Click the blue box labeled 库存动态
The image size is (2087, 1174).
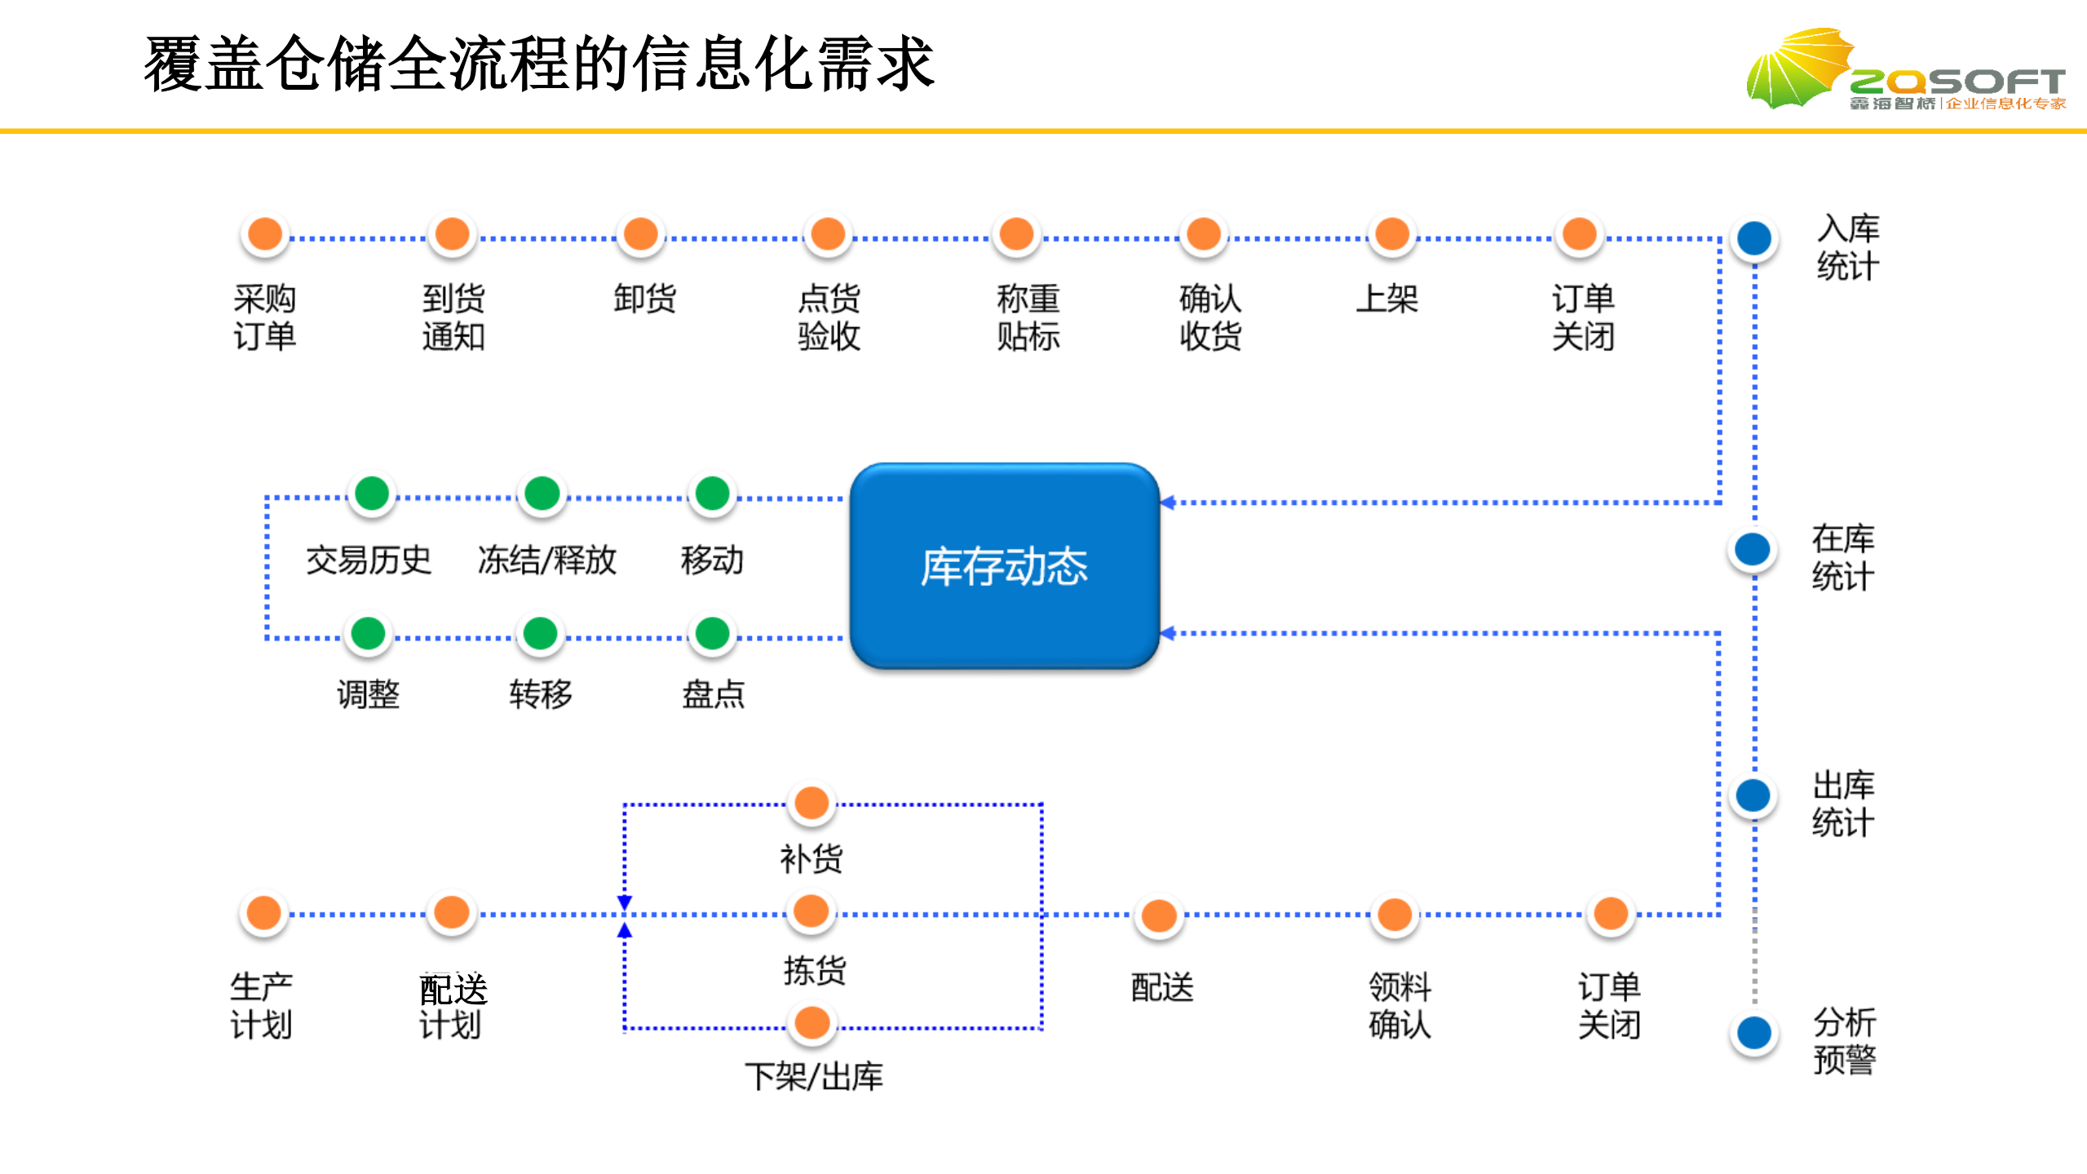(x=1004, y=566)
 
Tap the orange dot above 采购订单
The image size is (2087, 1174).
(x=265, y=235)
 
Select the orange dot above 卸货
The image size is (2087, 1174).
(x=641, y=235)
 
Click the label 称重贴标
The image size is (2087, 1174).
(x=1028, y=317)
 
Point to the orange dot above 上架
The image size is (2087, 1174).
(x=1392, y=235)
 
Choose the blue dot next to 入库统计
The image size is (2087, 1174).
(x=1754, y=238)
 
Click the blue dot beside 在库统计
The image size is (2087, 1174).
(x=1753, y=549)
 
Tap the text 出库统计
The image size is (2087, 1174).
(x=1843, y=804)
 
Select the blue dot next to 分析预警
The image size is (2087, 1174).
(x=1754, y=1033)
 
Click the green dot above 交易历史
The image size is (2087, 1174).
(x=373, y=494)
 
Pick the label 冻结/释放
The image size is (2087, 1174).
(x=546, y=560)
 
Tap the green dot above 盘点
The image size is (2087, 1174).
(x=713, y=633)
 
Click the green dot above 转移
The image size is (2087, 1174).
(x=541, y=633)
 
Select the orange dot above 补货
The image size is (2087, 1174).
(x=811, y=803)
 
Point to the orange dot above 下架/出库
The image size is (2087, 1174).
(x=812, y=1023)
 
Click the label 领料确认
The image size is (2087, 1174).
(x=1399, y=1005)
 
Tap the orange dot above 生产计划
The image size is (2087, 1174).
(x=264, y=912)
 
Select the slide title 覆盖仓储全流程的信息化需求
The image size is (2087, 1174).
(x=538, y=64)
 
